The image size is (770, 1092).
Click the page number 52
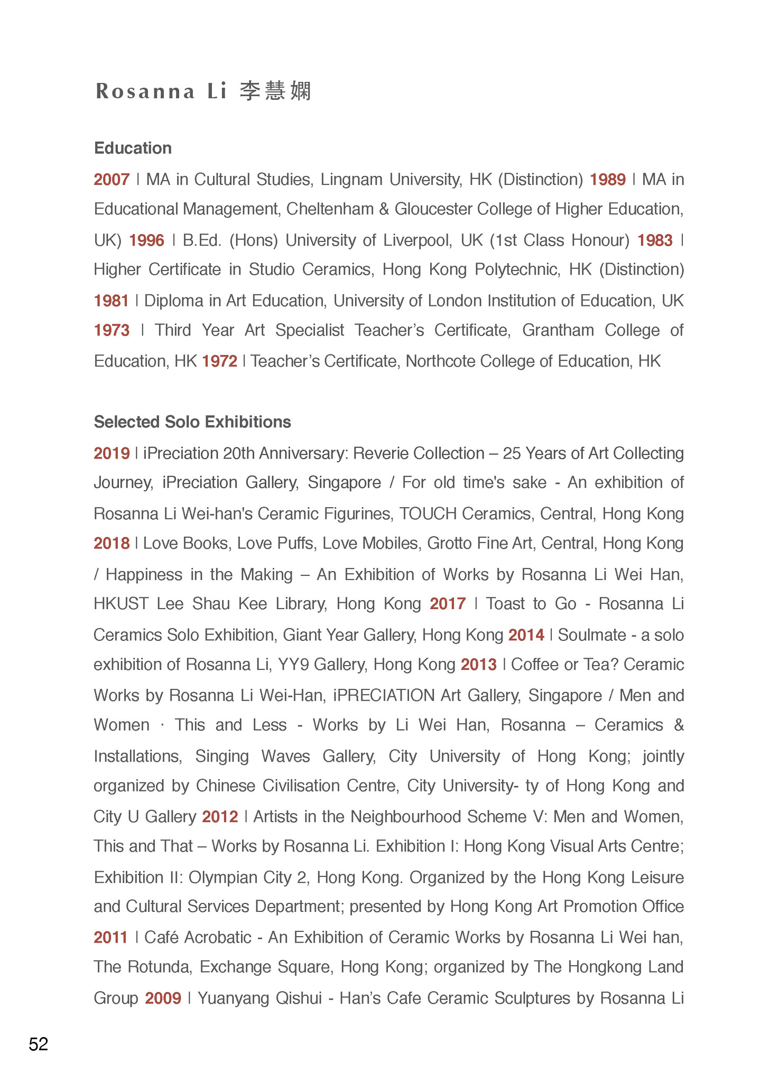39,1044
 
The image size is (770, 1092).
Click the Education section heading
133,148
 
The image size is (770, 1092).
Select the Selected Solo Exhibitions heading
192,422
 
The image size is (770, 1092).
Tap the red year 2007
112,180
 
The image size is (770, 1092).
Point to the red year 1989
608,180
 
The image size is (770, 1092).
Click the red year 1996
147,240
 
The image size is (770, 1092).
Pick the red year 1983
655,240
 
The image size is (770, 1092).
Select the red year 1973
112,330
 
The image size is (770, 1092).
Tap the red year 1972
219,361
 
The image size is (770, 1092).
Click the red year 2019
112,453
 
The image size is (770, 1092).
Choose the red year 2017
448,603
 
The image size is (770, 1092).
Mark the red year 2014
526,634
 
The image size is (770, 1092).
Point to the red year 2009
163,998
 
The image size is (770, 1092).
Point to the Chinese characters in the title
275,91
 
